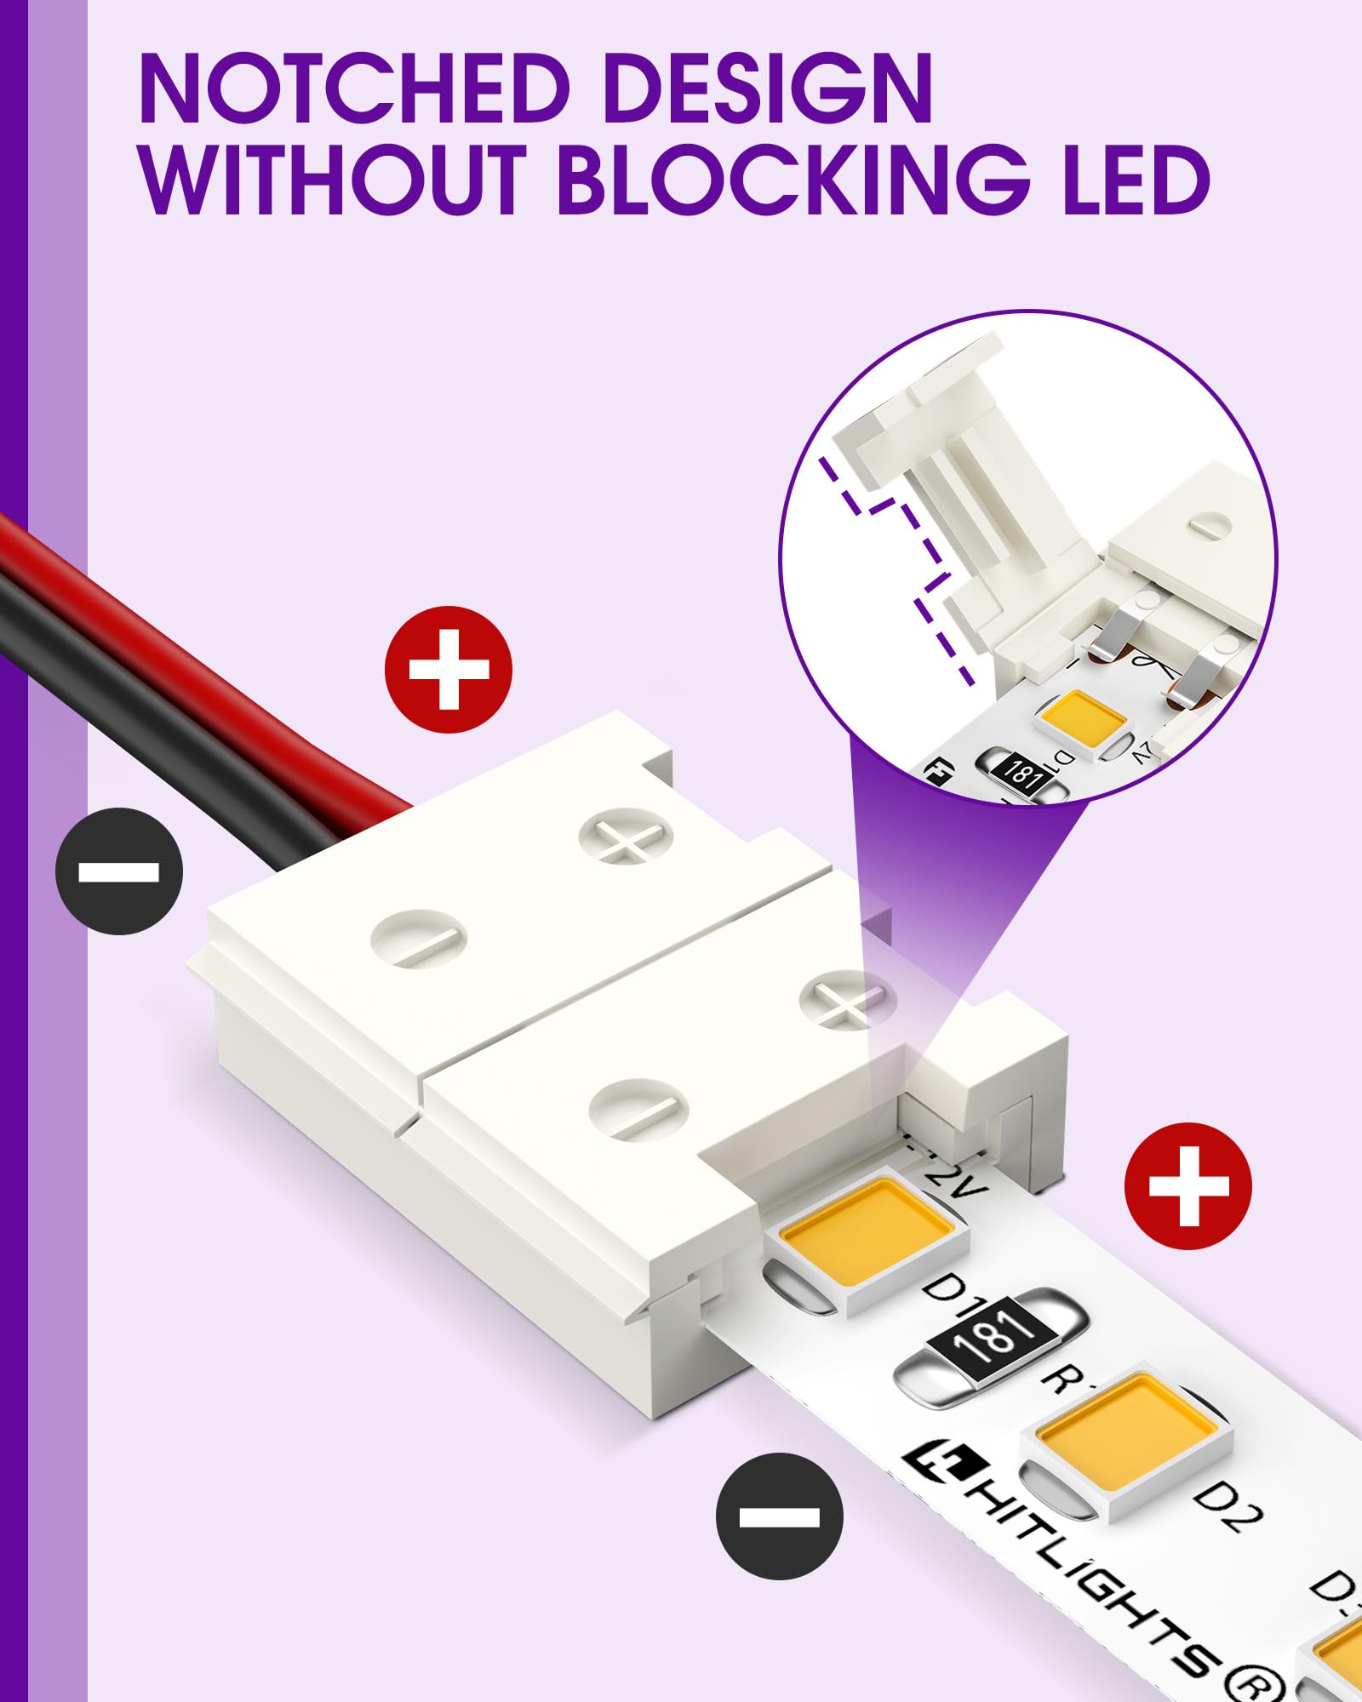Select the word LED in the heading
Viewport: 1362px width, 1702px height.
(1136, 180)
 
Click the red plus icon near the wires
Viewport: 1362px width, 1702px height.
(449, 670)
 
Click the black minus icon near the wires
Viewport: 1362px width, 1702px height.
(119, 871)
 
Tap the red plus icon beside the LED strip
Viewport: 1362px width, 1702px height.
(1187, 1186)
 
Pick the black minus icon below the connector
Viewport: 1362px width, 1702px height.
(779, 1516)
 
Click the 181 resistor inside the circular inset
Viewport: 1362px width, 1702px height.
(1020, 772)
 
